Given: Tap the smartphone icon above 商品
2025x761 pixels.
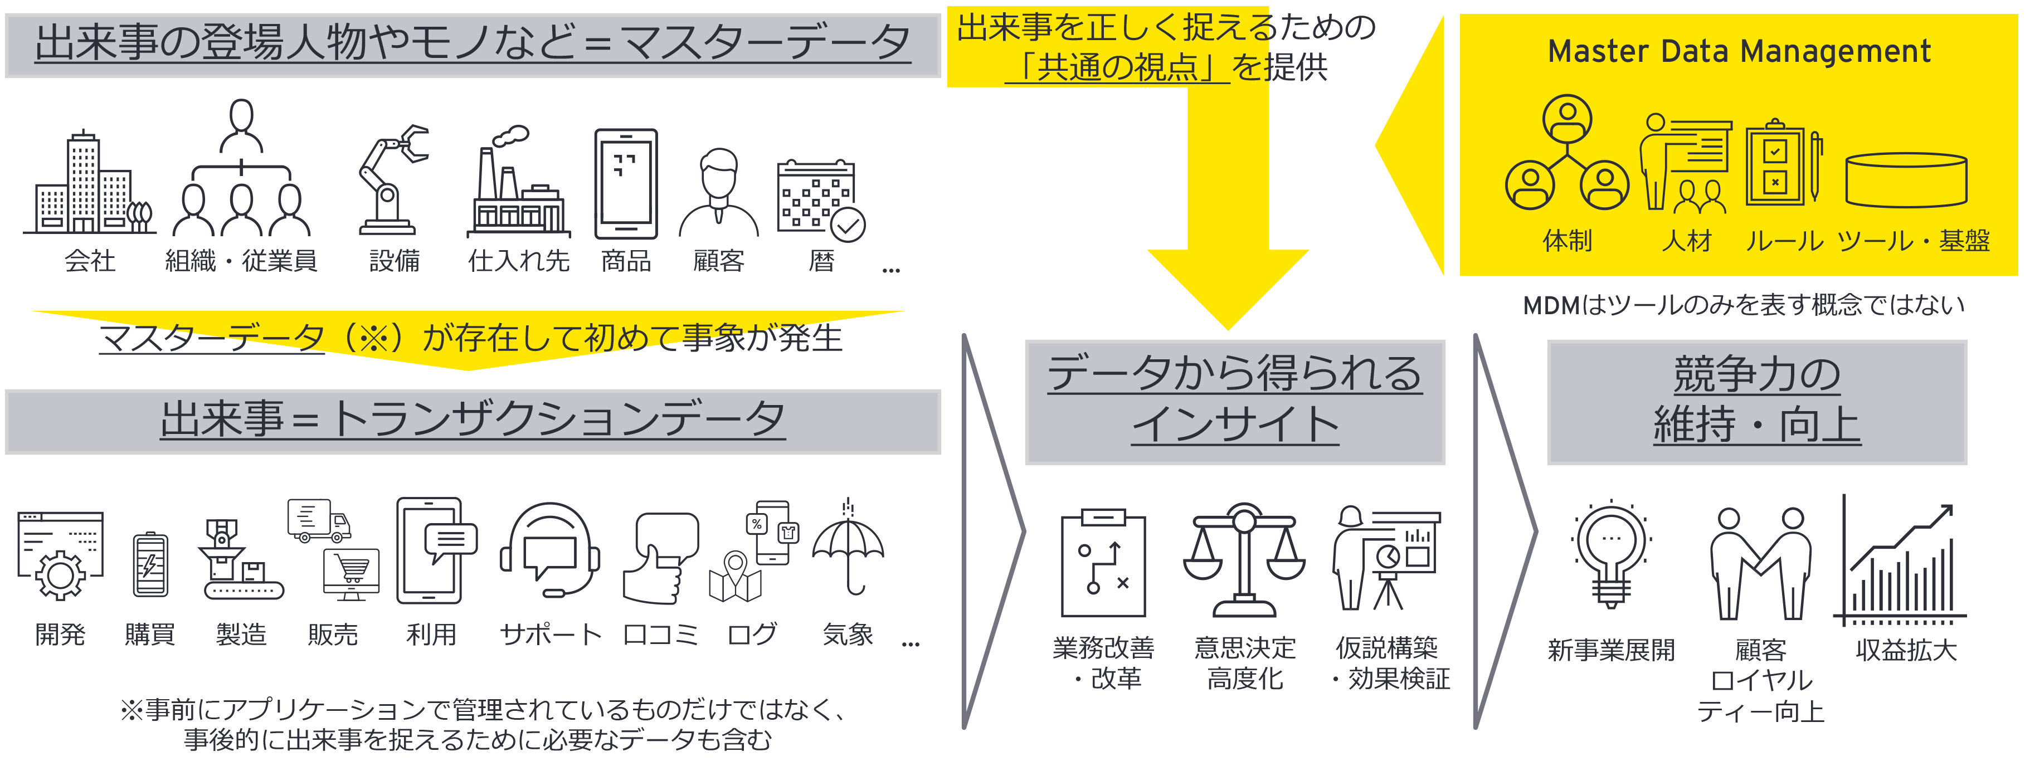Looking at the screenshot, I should click(x=626, y=184).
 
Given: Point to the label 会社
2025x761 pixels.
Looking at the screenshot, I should click(x=90, y=260).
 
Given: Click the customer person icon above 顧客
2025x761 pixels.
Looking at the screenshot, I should click(x=718, y=193).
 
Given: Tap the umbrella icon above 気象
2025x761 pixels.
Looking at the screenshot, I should click(x=848, y=549).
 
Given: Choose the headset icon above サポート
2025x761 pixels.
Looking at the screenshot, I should click(x=551, y=550).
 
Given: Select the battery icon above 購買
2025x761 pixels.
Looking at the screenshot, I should click(x=150, y=564).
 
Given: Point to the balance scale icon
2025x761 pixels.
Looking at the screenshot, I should click(x=1244, y=560).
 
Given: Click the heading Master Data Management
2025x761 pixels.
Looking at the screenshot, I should click(x=1739, y=51).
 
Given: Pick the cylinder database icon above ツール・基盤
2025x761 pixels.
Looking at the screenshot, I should click(x=1906, y=179).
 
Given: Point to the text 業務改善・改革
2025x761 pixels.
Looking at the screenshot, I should click(x=1104, y=663).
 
